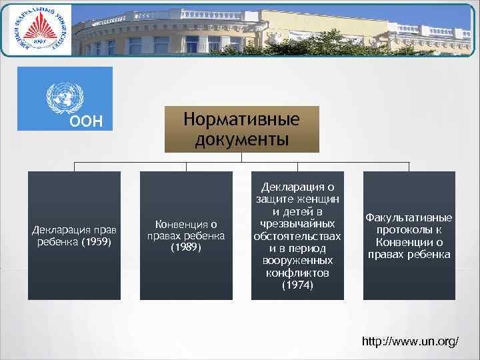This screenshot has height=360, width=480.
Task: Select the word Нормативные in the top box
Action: [241, 120]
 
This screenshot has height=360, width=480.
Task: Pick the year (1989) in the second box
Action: [186, 247]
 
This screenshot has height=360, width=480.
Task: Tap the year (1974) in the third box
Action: [297, 285]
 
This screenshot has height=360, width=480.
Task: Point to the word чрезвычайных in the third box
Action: [297, 224]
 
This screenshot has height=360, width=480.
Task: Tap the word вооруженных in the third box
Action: [297, 261]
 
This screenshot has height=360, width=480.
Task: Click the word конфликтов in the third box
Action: [297, 273]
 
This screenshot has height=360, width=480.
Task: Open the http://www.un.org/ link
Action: [409, 341]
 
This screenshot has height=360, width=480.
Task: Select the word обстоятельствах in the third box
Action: [297, 236]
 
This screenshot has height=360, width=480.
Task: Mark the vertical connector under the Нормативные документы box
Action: [241, 157]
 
